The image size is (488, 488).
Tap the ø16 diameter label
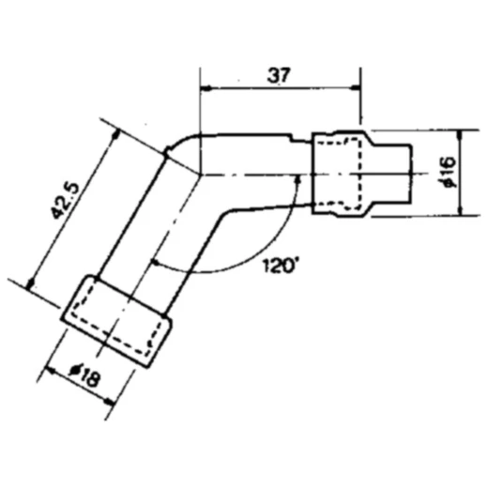point(448,174)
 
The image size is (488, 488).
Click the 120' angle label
point(280,266)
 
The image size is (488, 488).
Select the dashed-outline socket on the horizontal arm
point(341,175)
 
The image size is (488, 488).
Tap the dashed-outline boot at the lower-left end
point(116,320)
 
